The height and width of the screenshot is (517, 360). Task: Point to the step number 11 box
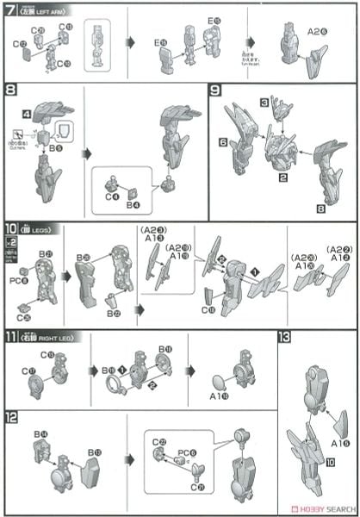[10, 337]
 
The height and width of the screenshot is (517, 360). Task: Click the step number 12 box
[10, 415]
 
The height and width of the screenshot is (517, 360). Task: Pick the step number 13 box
[286, 337]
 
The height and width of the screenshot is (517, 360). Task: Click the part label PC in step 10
[23, 277]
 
